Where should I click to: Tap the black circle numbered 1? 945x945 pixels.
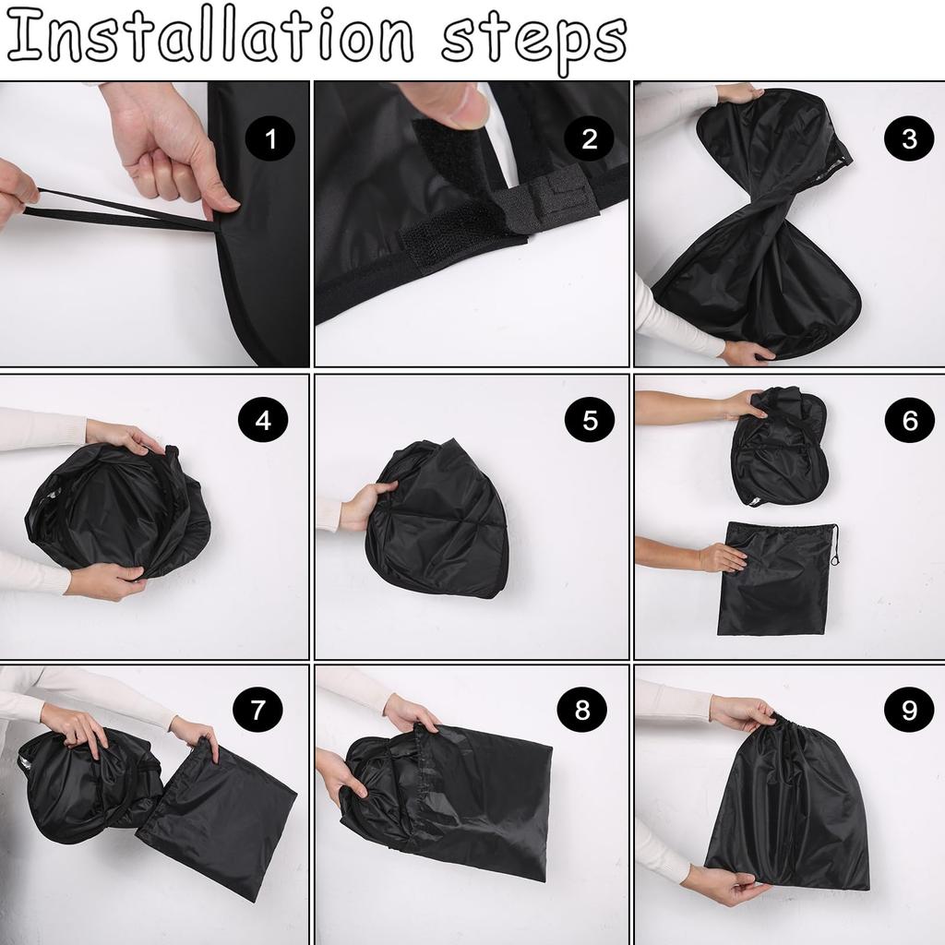point(270,138)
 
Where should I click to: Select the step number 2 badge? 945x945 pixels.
point(589,138)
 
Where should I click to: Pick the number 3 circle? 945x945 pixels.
point(909,138)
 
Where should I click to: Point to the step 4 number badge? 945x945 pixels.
point(263,420)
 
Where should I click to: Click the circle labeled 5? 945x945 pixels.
point(590,420)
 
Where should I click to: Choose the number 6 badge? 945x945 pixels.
point(909,420)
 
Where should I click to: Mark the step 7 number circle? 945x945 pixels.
point(258,710)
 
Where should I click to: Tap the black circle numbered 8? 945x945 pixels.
point(582,710)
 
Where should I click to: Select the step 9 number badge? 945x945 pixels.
point(909,710)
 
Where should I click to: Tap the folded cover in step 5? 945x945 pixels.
point(437,519)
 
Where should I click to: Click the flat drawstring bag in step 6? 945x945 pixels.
point(775,579)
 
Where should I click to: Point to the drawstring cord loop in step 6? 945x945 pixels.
point(834,545)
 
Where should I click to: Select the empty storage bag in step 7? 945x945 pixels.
point(217,822)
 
